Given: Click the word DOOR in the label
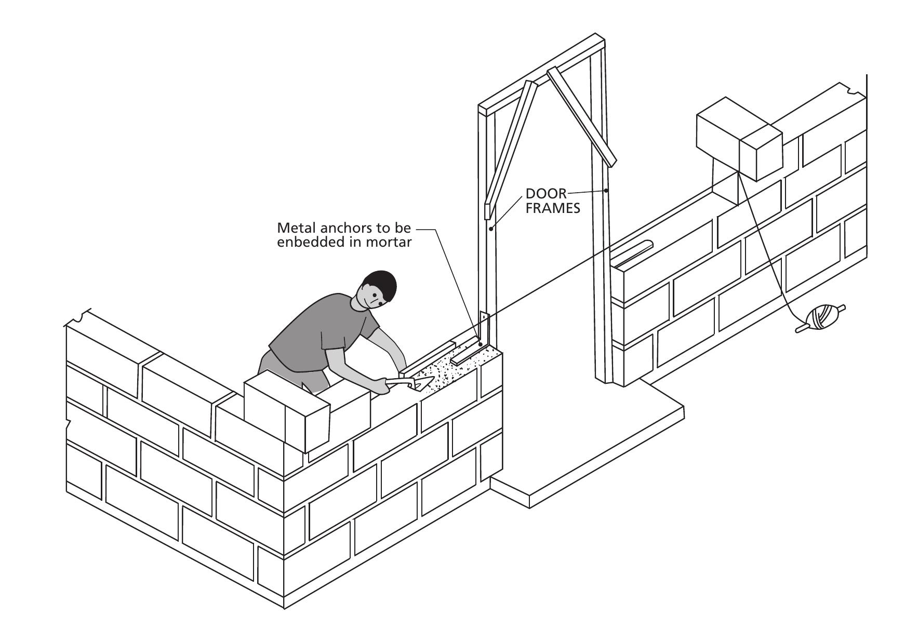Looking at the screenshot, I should (546, 194).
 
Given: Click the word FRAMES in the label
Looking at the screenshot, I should (553, 209).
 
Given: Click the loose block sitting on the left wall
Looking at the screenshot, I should (287, 410).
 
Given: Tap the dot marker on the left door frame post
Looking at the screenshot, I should (491, 228).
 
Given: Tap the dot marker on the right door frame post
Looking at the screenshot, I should (606, 191).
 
